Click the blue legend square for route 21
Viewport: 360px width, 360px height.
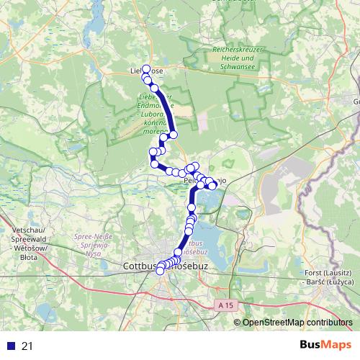pos(8,346)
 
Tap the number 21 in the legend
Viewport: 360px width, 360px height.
pos(27,346)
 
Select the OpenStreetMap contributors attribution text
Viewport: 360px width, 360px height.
pos(297,323)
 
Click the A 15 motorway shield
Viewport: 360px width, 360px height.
pos(226,305)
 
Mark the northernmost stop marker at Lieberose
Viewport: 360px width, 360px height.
pos(146,69)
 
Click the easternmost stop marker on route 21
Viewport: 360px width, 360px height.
pos(212,186)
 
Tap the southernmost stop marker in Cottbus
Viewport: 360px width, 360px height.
pos(161,271)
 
